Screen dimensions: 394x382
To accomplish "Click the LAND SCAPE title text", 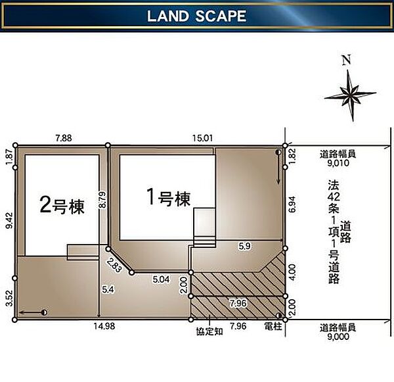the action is [196, 16].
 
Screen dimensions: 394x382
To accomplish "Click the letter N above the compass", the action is [346, 60].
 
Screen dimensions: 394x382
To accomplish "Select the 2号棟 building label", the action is [62, 206].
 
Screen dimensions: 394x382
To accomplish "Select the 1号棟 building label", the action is [169, 198].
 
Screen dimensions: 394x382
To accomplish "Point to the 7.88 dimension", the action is [64, 138].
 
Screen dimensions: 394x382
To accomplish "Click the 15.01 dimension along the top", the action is [202, 138].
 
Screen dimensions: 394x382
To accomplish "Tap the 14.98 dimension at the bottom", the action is [104, 326].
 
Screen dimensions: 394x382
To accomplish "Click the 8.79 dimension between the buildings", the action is [103, 201].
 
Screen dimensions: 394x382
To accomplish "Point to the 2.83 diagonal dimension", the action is [114, 265].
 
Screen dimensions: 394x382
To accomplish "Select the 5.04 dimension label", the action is [161, 279].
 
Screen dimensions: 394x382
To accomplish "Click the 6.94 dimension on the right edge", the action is [292, 204].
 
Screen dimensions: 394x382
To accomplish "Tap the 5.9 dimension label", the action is [244, 246].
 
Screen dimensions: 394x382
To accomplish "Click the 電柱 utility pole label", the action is [273, 327].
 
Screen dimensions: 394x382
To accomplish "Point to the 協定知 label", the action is [209, 331].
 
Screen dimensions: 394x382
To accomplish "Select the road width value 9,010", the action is [338, 163].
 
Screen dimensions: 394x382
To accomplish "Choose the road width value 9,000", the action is [338, 337].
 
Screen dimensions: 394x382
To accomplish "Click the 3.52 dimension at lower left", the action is [9, 298].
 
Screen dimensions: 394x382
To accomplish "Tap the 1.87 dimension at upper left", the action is [9, 156].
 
